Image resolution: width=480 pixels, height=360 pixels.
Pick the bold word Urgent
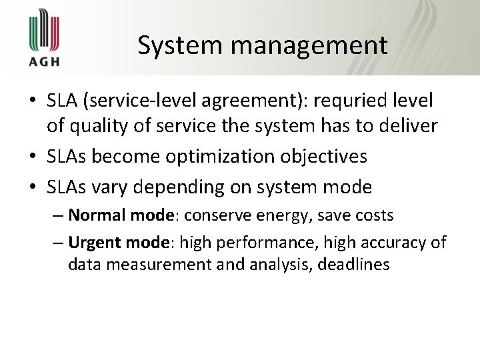[93, 242]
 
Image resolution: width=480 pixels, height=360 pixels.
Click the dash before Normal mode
[58, 216]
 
